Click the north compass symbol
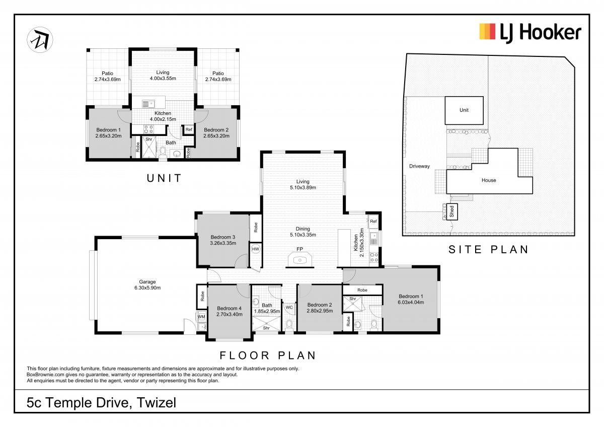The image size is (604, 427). click(x=40, y=40)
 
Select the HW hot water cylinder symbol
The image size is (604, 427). click(x=255, y=249)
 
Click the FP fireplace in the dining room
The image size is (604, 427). click(x=299, y=259)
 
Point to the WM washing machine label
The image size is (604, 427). click(x=201, y=317)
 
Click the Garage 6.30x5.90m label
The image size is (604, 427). click(x=147, y=284)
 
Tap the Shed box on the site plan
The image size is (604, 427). click(x=451, y=211)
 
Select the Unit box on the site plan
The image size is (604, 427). click(x=464, y=110)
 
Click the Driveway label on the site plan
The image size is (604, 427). click(x=419, y=166)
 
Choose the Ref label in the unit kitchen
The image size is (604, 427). click(x=189, y=129)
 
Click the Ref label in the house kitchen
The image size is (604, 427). click(x=373, y=221)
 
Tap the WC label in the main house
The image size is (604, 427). click(x=289, y=307)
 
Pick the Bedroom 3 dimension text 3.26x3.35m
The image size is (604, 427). click(x=223, y=243)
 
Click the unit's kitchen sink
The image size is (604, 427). click(x=148, y=104)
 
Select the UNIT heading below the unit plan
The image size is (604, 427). click(x=164, y=178)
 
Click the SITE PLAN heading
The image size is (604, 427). click(x=488, y=250)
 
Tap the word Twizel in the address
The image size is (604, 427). click(x=157, y=403)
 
